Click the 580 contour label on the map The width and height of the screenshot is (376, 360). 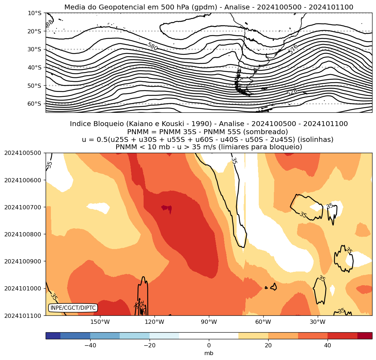pyautogui.click(x=152, y=46)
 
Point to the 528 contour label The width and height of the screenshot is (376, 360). pyautogui.click(x=292, y=92)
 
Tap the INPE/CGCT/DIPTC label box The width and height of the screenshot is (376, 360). pyautogui.click(x=73, y=308)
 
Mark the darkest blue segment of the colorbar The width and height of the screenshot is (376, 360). pyautogui.click(x=53, y=336)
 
